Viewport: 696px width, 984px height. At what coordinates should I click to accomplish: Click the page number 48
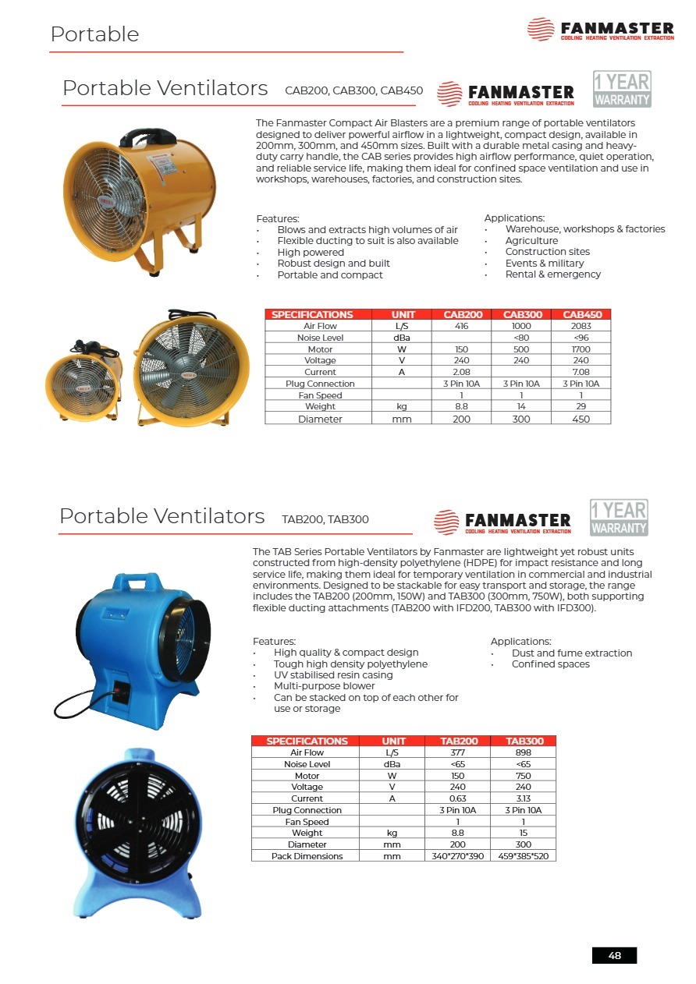tap(614, 955)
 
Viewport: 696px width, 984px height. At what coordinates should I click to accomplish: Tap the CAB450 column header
tap(581, 314)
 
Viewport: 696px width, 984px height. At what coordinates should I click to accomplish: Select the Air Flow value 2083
tap(581, 326)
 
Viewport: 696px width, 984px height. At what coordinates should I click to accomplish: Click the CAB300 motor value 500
tap(521, 349)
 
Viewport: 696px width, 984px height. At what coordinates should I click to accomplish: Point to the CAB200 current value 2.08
tap(462, 372)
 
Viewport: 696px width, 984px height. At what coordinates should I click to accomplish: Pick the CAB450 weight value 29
tap(581, 406)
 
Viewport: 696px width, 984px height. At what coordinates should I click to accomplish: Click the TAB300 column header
tap(524, 741)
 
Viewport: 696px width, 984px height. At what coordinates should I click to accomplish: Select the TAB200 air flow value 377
tap(458, 752)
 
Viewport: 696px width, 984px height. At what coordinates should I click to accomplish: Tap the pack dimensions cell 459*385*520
tap(524, 856)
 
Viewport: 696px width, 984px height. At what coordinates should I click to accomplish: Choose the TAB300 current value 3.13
tap(524, 798)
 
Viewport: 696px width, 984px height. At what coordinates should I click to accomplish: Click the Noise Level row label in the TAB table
tap(307, 764)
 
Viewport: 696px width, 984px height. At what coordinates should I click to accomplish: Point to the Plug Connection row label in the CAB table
tap(320, 384)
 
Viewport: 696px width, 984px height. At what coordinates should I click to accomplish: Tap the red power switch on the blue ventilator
tap(120, 688)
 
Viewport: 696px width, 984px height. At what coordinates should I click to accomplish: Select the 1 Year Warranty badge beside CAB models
tap(621, 89)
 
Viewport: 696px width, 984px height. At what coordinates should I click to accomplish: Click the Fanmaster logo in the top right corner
tap(600, 30)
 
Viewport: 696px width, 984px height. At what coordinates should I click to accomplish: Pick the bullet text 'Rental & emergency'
tap(552, 274)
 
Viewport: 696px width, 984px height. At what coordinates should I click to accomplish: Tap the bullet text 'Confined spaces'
tap(550, 664)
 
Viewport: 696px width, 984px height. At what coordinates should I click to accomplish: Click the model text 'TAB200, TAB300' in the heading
tap(325, 519)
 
